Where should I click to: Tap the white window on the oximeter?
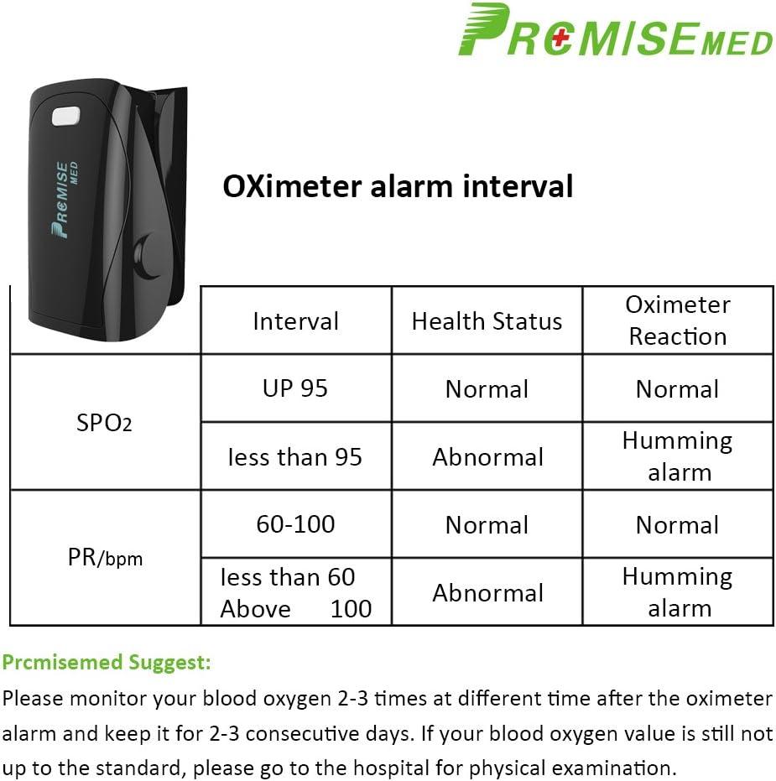pyautogui.click(x=64, y=115)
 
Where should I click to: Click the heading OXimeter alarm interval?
pyautogui.click(x=398, y=185)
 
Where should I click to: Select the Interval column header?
pyautogui.click(x=295, y=321)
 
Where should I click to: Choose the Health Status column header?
pyautogui.click(x=487, y=321)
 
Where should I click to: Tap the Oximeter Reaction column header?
pyautogui.click(x=677, y=320)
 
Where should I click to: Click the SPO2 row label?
pyautogui.click(x=104, y=423)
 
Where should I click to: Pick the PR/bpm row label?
pyautogui.click(x=104, y=558)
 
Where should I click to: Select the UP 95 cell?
pyautogui.click(x=295, y=388)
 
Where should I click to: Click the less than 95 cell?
pyautogui.click(x=295, y=457)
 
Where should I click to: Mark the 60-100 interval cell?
pyautogui.click(x=295, y=524)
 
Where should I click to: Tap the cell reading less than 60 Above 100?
pyautogui.click(x=295, y=592)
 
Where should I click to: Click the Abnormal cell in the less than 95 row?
pyautogui.click(x=487, y=457)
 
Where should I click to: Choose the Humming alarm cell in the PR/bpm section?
pyautogui.click(x=677, y=592)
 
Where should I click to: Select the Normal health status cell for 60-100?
pyautogui.click(x=487, y=525)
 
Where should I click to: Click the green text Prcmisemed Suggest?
pyautogui.click(x=106, y=663)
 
